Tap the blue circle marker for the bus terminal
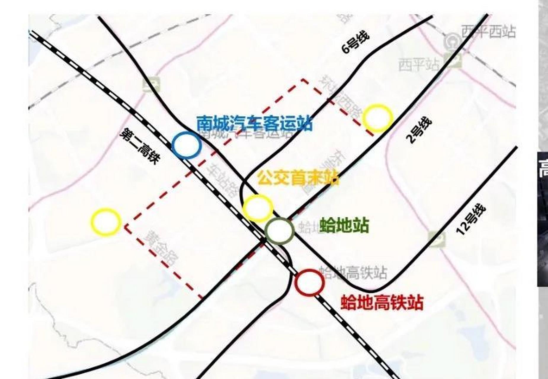tap(187, 145)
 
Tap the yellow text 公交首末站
tap(297, 178)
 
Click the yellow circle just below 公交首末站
tap(258, 208)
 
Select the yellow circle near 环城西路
tap(378, 118)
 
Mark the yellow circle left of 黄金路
tap(106, 222)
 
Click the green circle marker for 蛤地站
tap(279, 231)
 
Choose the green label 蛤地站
tap(344, 226)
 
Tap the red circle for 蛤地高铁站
tap(309, 282)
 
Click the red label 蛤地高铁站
tap(382, 302)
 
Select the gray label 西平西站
tap(488, 32)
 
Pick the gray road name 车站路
tap(222, 180)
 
